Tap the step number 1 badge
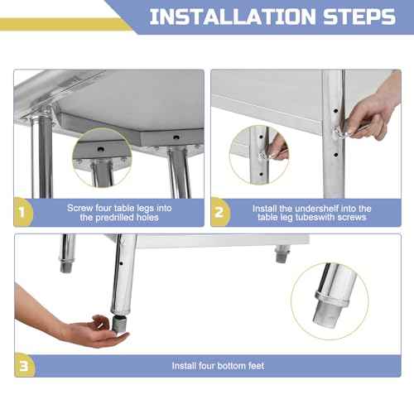tap(23, 213)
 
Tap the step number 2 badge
tap(219, 213)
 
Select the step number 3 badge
tap(23, 364)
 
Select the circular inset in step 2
tap(259, 153)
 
